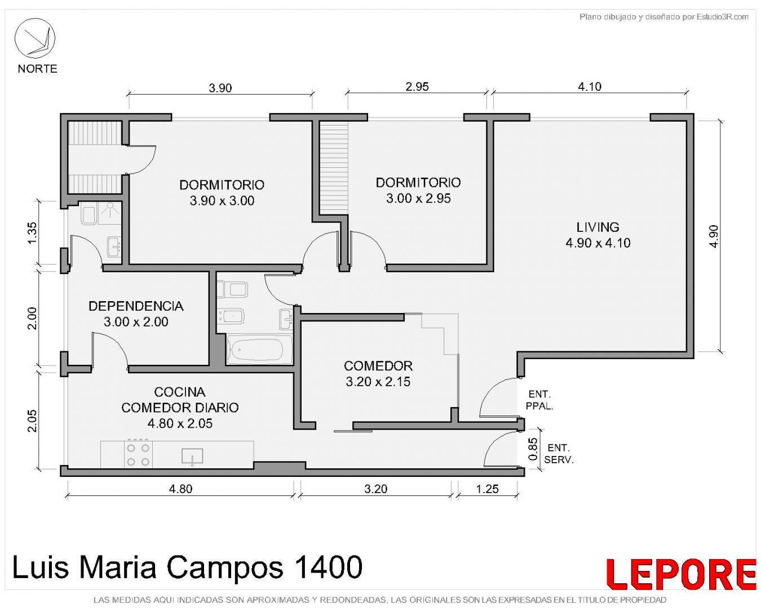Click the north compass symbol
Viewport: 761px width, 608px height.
(34, 38)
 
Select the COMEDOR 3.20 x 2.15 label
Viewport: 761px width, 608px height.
(378, 373)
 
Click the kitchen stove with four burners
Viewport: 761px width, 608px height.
(138, 454)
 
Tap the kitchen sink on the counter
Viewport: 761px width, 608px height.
(192, 456)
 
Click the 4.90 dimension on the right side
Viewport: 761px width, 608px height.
(714, 236)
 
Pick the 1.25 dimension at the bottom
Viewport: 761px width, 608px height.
(487, 489)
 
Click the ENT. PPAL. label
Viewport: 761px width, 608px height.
(539, 400)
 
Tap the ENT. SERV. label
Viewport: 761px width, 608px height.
(559, 454)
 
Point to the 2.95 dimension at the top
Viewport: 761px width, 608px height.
(417, 87)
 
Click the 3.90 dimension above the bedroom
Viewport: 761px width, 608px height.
(220, 88)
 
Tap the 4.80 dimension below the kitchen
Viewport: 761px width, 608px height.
(181, 489)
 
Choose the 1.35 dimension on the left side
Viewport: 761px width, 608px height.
(32, 233)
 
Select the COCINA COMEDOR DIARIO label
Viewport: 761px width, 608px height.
(180, 408)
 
